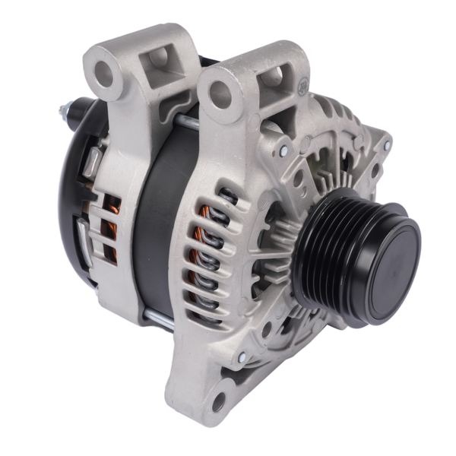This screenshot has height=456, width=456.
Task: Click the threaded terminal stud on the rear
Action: [65, 114]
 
